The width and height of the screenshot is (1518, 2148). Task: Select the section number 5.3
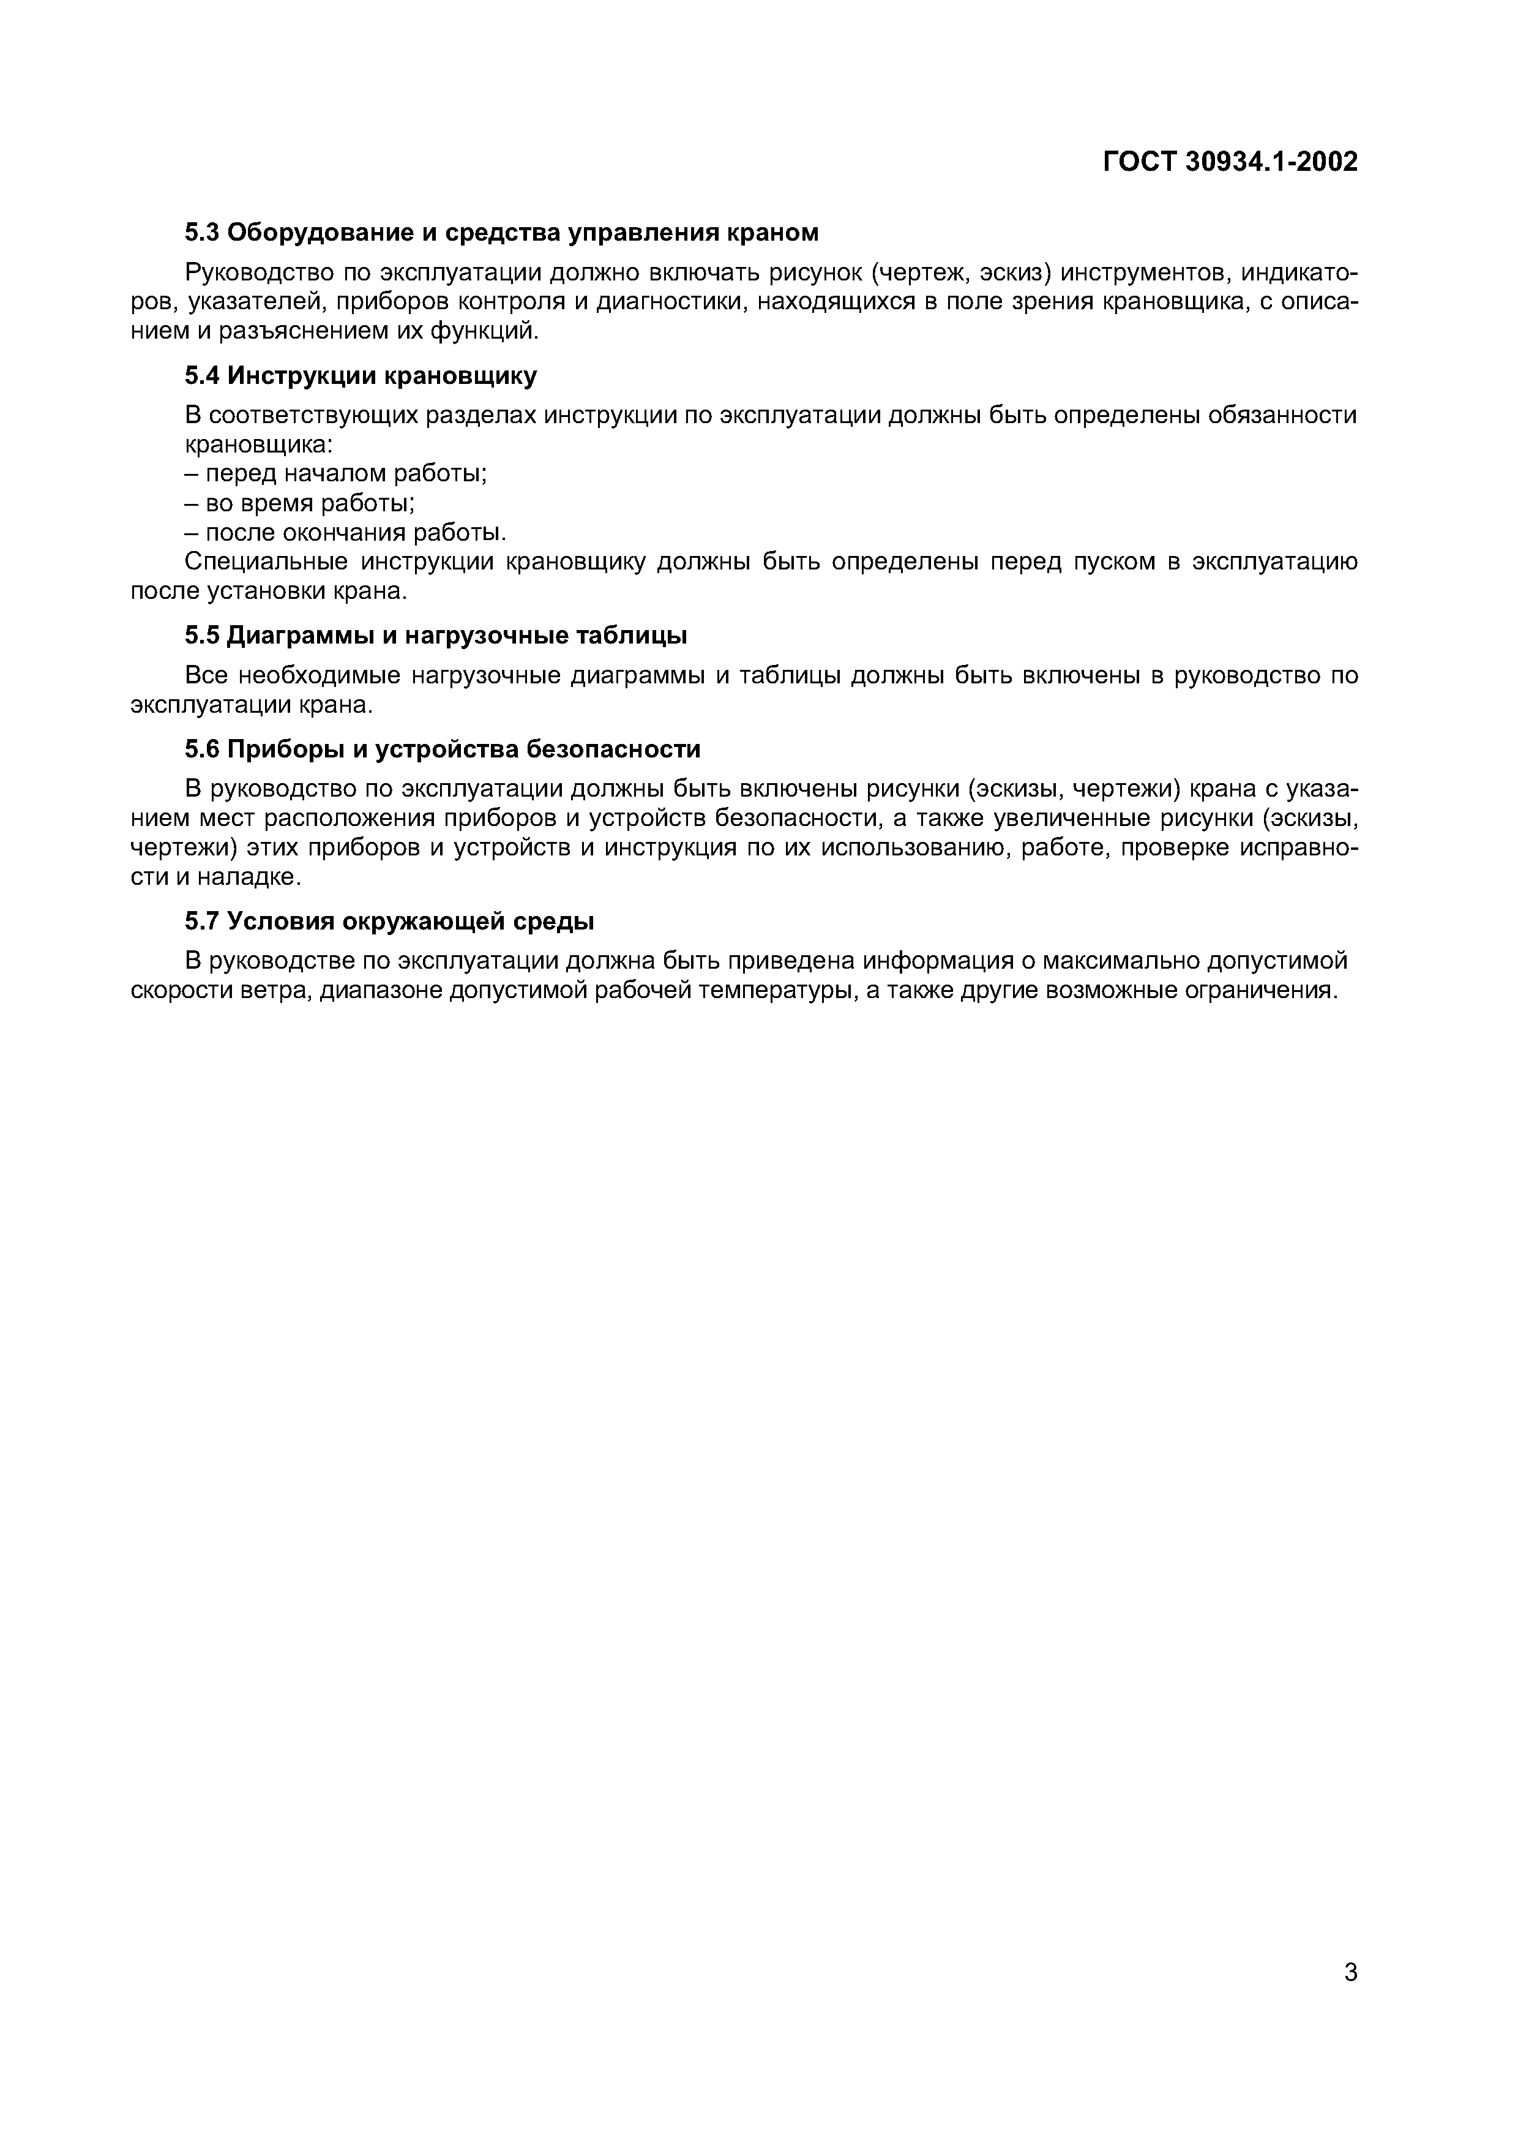(x=201, y=232)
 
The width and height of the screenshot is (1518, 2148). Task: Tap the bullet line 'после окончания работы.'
(x=346, y=533)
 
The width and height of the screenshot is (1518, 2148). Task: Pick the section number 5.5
(x=201, y=636)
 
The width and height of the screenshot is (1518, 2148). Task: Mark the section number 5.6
(x=201, y=749)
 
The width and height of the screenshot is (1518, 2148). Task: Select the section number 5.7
(x=201, y=922)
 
